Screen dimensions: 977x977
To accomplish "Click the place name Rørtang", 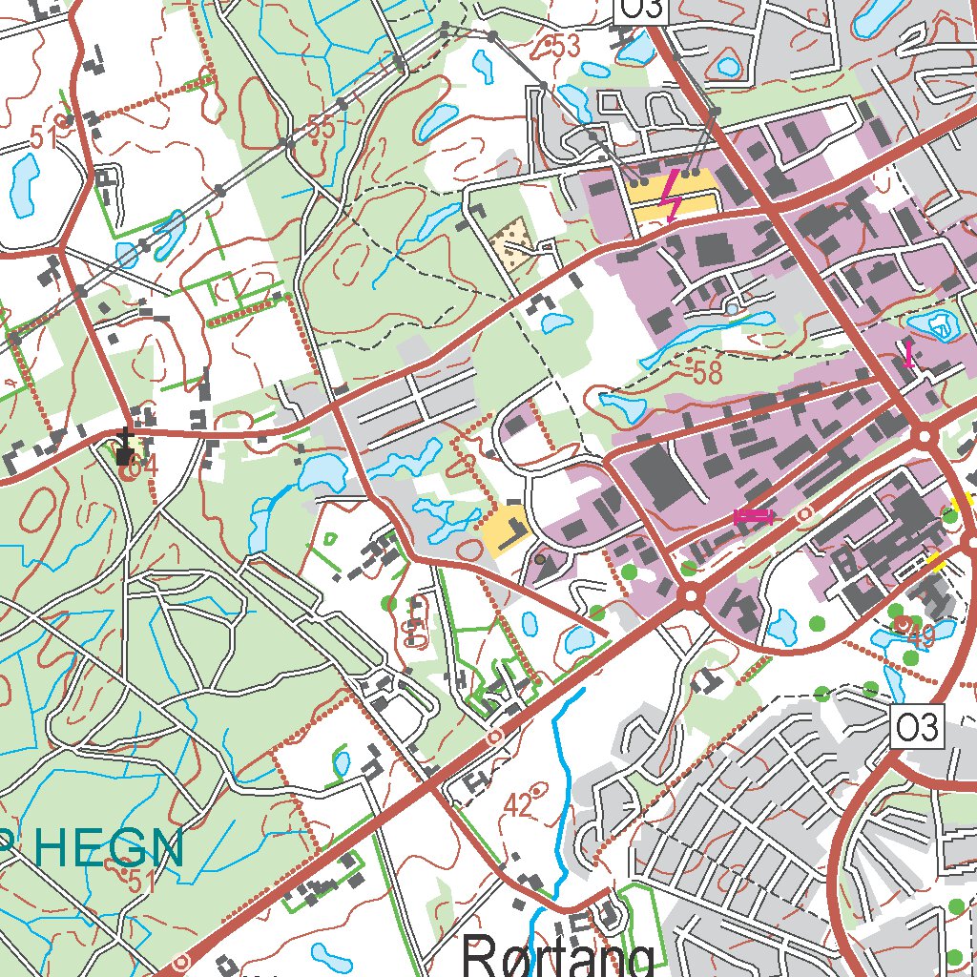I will pos(558,955).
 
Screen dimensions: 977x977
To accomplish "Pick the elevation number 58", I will pos(706,372).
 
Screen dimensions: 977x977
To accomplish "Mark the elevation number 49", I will pos(920,634).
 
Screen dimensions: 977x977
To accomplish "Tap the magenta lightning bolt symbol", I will pos(674,194).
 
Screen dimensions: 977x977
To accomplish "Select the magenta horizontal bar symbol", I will pos(754,515).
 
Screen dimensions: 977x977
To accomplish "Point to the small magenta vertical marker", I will pos(908,354).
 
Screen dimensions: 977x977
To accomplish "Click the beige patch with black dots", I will pos(512,239).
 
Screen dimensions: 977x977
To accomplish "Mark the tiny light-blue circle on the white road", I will pos(732,309).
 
